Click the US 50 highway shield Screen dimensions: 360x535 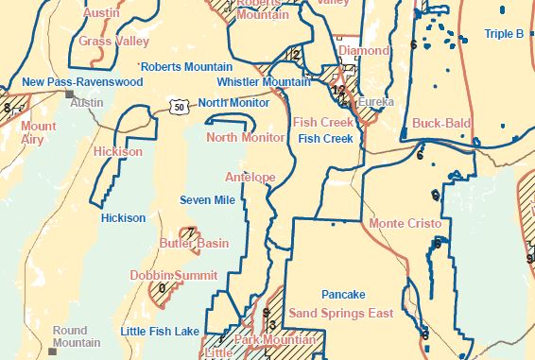click(180, 108)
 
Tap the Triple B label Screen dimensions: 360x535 click(504, 34)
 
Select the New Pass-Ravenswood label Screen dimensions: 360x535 click(82, 83)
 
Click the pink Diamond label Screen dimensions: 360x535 click(363, 50)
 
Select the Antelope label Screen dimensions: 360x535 click(250, 177)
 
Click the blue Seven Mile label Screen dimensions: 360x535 click(207, 200)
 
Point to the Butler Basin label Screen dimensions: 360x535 click(194, 244)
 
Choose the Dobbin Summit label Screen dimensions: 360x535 click(167, 275)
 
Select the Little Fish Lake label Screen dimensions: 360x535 click(160, 331)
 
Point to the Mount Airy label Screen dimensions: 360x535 click(39, 132)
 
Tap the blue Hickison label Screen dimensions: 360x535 click(123, 218)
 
